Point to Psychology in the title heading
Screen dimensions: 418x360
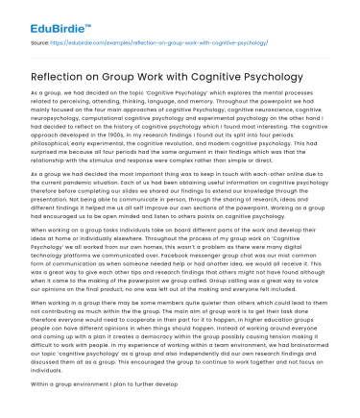[267, 76]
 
